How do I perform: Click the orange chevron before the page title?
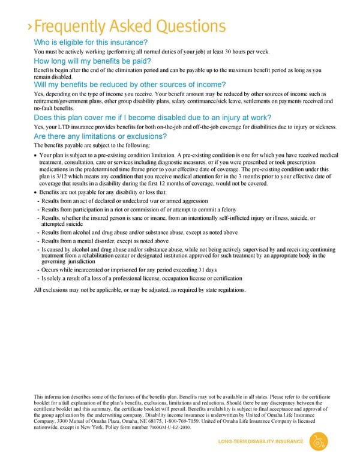(x=30, y=28)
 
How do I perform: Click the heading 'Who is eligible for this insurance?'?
(x=91, y=42)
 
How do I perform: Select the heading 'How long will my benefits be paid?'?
(x=92, y=61)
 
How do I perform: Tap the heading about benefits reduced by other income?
(x=130, y=85)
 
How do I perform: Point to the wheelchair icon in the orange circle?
(x=318, y=442)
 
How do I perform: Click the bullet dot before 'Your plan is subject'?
(x=36, y=156)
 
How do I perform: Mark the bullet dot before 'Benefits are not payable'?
(x=36, y=192)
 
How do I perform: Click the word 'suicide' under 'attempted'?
(x=76, y=225)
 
